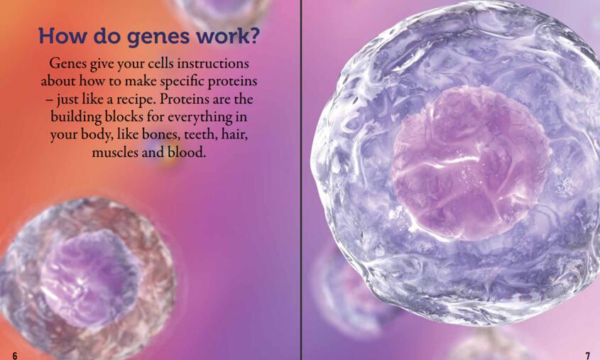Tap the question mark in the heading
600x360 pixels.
coord(254,36)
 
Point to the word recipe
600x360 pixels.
coord(136,99)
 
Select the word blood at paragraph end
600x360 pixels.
coord(187,152)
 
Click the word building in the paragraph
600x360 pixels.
coord(76,117)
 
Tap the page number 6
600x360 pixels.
coord(15,356)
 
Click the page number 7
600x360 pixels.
coord(588,356)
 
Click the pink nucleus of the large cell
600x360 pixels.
coord(471,163)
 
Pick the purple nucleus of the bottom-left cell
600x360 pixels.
coord(90,278)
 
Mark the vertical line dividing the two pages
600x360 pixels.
coord(301,180)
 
